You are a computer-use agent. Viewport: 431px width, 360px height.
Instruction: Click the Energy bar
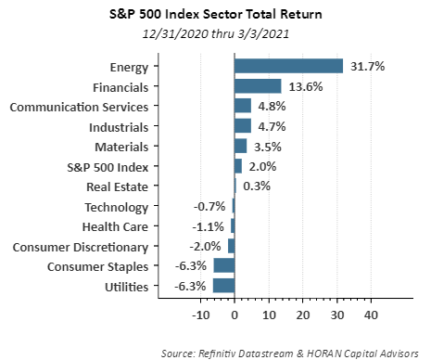click(x=288, y=66)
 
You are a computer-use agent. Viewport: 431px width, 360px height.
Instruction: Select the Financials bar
click(x=258, y=86)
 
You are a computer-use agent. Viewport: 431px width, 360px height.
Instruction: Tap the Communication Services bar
click(x=243, y=106)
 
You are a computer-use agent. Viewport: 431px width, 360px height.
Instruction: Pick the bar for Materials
click(x=240, y=146)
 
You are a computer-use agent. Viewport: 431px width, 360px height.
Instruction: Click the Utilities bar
click(x=223, y=286)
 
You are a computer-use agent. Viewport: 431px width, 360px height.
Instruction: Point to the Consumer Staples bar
click(x=223, y=265)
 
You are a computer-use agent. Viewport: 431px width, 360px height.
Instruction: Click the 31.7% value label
click(x=367, y=66)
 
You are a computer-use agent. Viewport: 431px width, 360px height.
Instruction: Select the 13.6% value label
click(x=306, y=86)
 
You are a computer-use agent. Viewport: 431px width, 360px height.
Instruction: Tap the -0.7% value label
click(x=209, y=206)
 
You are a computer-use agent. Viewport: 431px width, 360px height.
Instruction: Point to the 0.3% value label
click(x=257, y=186)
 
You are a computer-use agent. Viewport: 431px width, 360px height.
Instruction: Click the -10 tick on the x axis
click(x=201, y=315)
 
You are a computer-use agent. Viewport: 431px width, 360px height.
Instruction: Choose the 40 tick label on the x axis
click(x=371, y=315)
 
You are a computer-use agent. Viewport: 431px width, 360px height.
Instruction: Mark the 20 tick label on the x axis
click(x=303, y=315)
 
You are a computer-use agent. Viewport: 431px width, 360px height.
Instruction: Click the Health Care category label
click(x=115, y=226)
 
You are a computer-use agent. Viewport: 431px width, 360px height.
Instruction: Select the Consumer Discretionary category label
click(x=81, y=248)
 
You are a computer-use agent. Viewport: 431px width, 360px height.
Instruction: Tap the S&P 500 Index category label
click(x=108, y=167)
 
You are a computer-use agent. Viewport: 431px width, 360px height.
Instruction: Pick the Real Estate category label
click(x=118, y=186)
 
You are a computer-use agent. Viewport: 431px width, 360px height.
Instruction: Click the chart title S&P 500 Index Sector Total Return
click(x=216, y=14)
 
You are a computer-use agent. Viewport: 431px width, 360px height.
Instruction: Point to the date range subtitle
click(x=216, y=33)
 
